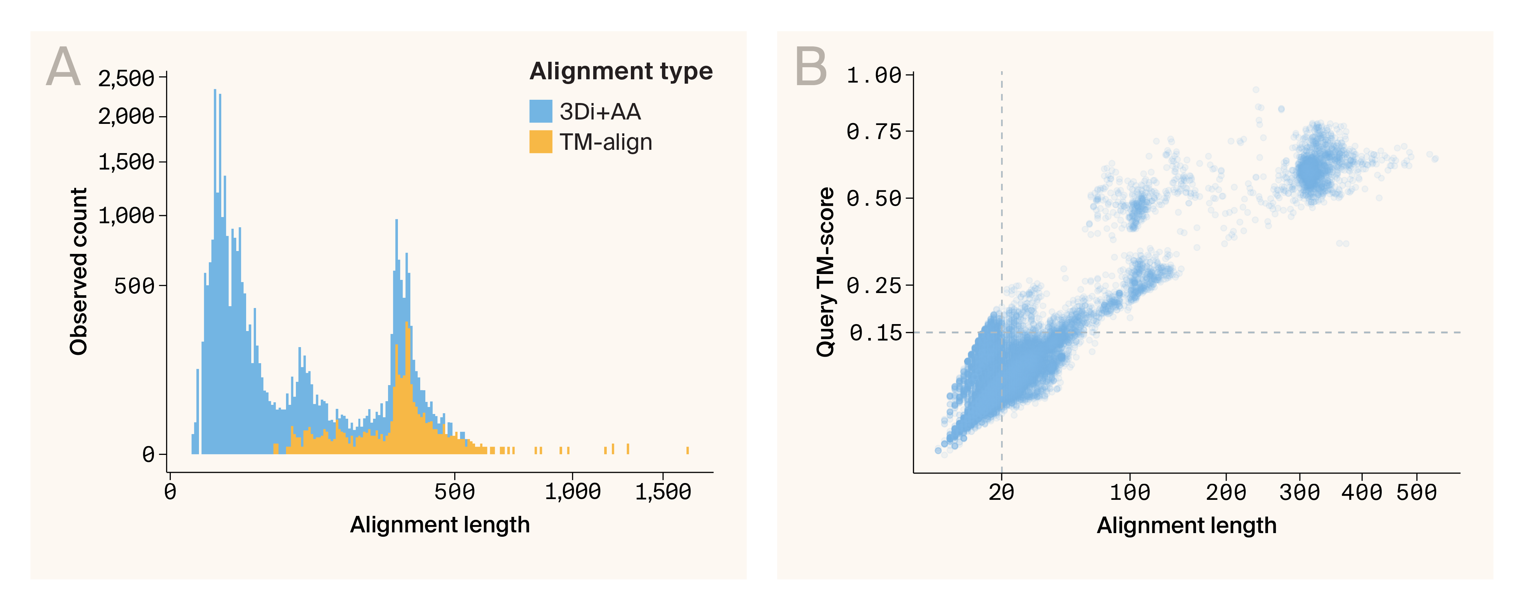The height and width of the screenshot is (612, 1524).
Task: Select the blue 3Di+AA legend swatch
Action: (540, 111)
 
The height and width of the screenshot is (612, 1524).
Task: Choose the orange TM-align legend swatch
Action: (540, 142)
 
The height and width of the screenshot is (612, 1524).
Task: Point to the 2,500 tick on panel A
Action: (126, 78)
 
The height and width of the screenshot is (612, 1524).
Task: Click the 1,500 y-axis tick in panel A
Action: (126, 161)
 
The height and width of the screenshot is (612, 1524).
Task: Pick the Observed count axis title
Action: (79, 271)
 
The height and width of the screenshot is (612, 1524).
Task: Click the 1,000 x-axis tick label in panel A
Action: (572, 492)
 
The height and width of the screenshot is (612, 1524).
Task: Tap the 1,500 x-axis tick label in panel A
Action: (663, 492)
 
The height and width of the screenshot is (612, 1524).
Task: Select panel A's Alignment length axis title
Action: (440, 524)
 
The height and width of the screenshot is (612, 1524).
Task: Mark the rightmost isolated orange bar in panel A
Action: (688, 451)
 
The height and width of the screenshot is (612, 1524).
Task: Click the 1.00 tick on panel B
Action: (873, 75)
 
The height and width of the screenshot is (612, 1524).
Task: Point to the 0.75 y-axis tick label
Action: (873, 131)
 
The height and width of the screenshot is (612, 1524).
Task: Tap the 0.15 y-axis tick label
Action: (876, 333)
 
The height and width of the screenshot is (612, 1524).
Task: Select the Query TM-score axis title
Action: (825, 271)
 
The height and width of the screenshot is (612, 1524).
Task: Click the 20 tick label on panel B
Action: (1001, 492)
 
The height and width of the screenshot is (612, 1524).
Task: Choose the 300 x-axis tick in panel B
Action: (1299, 492)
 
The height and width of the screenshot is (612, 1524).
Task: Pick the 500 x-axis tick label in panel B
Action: (1416, 492)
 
